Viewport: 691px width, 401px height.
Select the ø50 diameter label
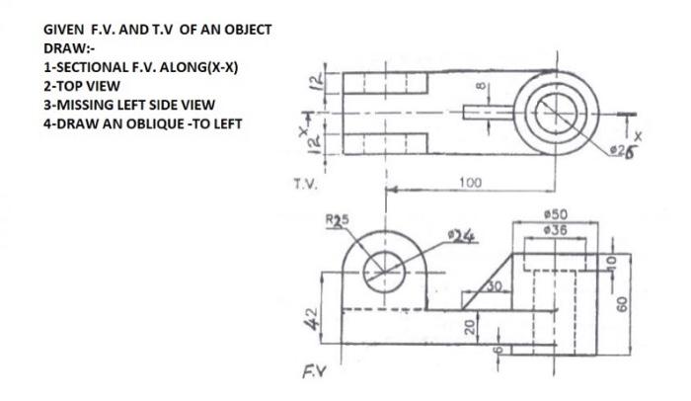[556, 214]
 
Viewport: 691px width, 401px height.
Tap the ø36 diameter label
[556, 229]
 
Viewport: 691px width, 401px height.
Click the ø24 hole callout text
[460, 236]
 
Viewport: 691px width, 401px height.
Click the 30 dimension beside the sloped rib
[497, 284]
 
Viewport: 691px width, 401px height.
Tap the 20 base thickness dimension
[471, 326]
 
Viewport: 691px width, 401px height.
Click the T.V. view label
[305, 184]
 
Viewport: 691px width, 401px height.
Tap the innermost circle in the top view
[556, 112]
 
